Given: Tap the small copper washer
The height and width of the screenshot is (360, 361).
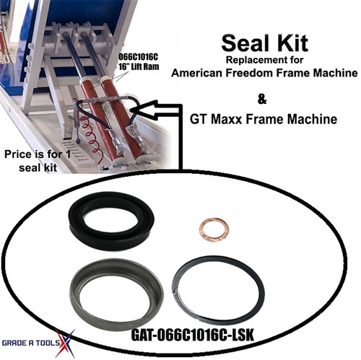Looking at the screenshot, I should click(x=213, y=232).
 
